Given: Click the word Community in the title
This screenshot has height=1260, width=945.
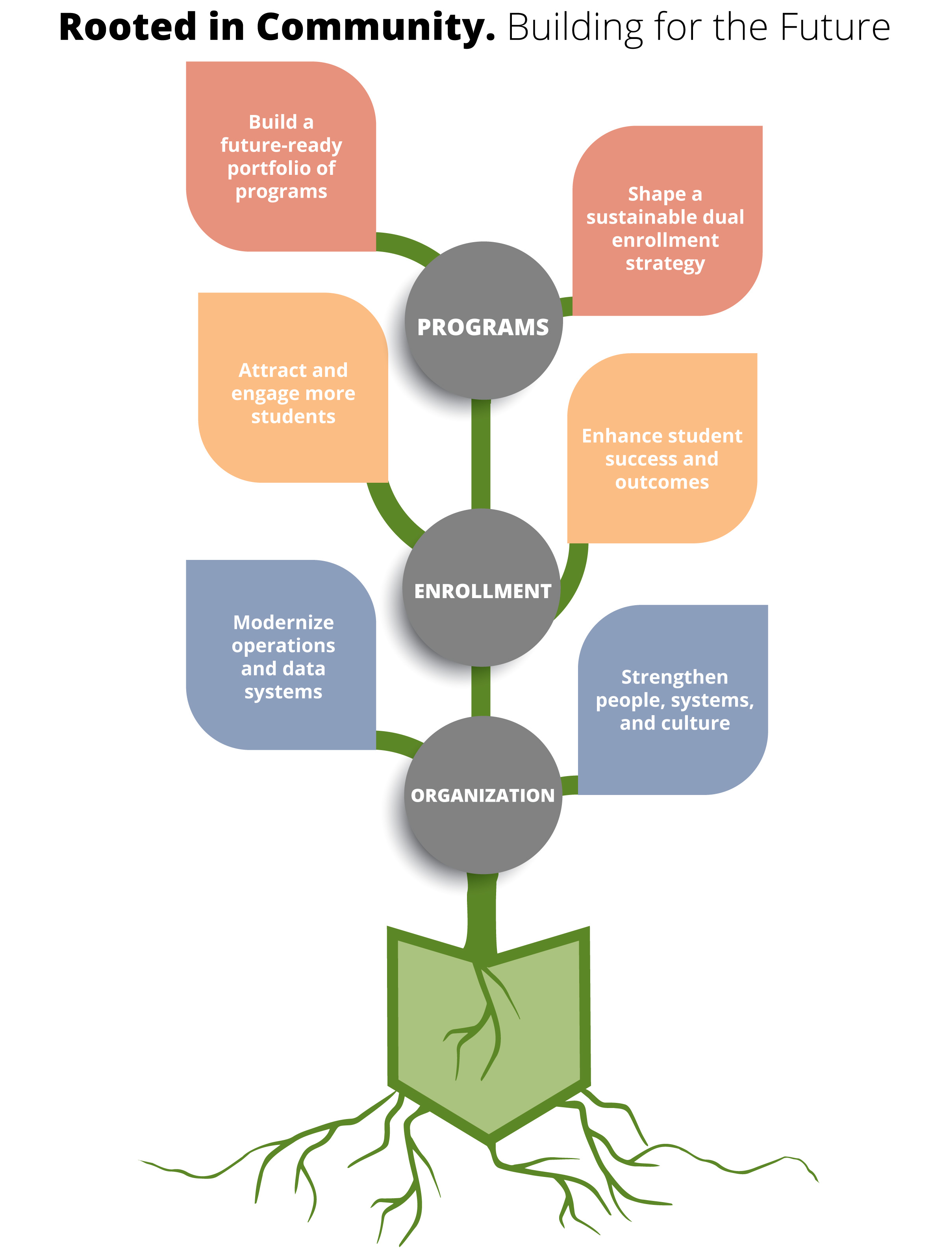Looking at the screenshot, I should pyautogui.click(x=376, y=27).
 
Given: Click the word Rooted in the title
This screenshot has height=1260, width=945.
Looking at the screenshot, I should pyautogui.click(x=128, y=27).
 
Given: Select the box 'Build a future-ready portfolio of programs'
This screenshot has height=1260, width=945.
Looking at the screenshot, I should pyautogui.click(x=281, y=157).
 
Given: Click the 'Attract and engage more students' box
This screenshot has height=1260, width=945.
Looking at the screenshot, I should pyautogui.click(x=293, y=393).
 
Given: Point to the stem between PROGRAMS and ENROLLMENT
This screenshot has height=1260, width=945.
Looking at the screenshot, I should pyautogui.click(x=481, y=456).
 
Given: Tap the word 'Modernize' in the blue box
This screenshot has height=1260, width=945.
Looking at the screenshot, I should pyautogui.click(x=283, y=622).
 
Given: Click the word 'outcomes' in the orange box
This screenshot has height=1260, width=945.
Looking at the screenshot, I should pyautogui.click(x=662, y=482).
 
